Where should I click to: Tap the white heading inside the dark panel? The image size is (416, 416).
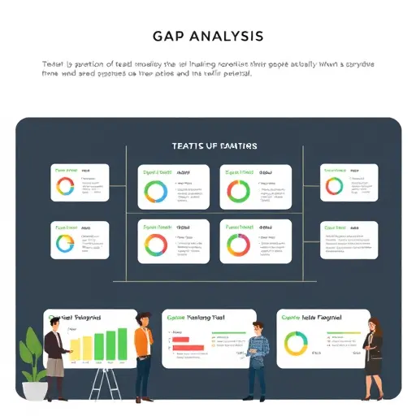pos(214,146)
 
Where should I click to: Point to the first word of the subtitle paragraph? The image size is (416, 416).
pos(51,63)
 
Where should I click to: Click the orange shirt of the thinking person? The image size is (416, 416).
pos(142,341)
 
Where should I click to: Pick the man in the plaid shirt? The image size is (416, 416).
pos(258,353)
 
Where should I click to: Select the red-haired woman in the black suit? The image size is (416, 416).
pos(375,353)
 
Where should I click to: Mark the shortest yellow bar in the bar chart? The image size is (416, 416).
pos(75,350)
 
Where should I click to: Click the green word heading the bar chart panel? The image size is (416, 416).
pos(55,318)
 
